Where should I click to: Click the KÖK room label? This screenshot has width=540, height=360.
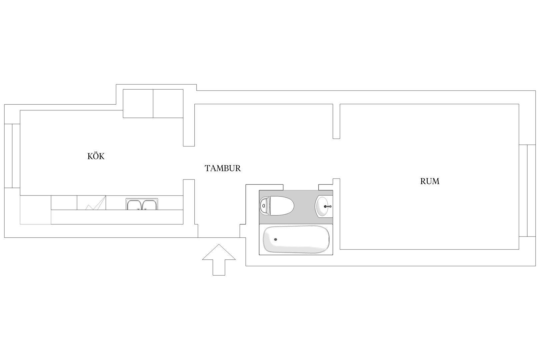96,156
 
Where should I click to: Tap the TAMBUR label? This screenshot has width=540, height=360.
223,168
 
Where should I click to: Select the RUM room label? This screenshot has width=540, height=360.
430,181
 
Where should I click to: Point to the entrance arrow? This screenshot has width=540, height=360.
219,260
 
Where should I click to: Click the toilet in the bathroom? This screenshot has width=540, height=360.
277,206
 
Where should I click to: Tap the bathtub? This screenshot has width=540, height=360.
296,239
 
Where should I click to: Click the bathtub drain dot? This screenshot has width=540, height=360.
276,239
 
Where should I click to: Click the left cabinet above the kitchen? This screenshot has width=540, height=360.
138,104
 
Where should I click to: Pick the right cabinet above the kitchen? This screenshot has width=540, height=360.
168,104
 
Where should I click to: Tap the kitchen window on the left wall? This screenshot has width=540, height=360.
12,156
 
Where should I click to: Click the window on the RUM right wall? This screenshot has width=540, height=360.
527,190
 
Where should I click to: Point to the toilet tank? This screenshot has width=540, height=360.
264,206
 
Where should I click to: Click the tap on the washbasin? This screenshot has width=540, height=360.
328,207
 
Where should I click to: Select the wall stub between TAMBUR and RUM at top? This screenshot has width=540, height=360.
337,121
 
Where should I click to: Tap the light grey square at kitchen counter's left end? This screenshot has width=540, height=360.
35,210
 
